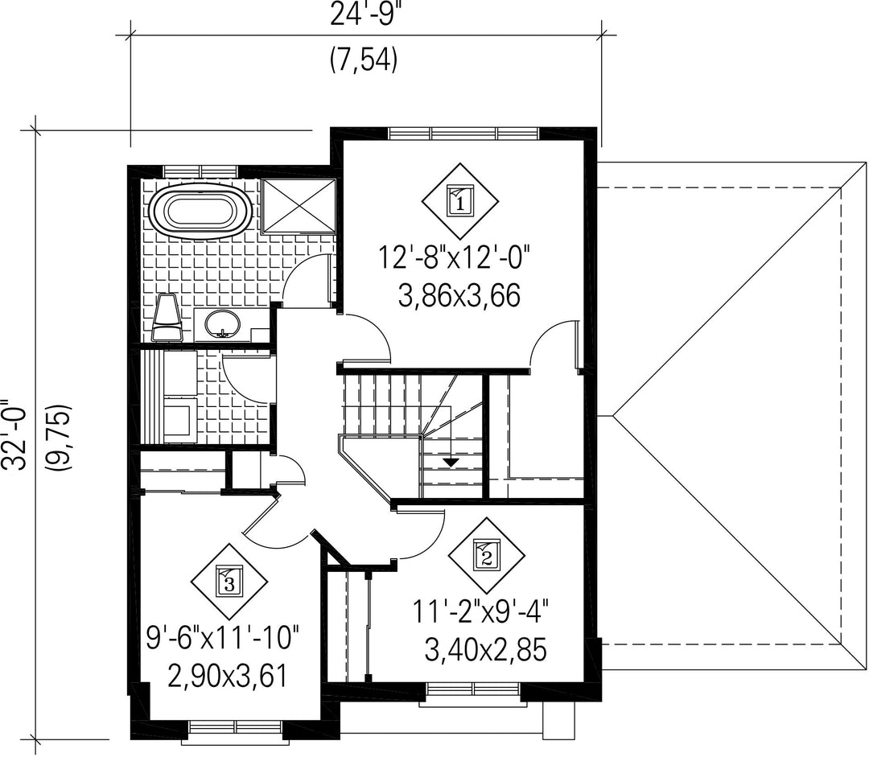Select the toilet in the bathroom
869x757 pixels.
tap(167, 318)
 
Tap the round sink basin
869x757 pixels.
tap(222, 324)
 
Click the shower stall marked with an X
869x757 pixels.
tap(299, 206)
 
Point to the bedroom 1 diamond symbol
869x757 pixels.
tap(460, 201)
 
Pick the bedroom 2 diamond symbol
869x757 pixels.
tap(487, 557)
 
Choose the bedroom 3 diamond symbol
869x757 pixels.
tap(229, 582)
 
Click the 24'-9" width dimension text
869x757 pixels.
tap(364, 15)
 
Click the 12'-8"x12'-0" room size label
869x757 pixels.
tap(455, 258)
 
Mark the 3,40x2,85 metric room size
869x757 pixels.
tap(485, 649)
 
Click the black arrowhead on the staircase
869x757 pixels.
tap(451, 461)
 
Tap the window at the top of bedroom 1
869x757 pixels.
tap(463, 134)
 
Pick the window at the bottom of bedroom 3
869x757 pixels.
tap(236, 727)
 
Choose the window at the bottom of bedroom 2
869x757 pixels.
tap(474, 689)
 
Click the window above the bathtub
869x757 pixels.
tap(200, 171)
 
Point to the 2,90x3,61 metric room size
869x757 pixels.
tap(227, 677)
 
